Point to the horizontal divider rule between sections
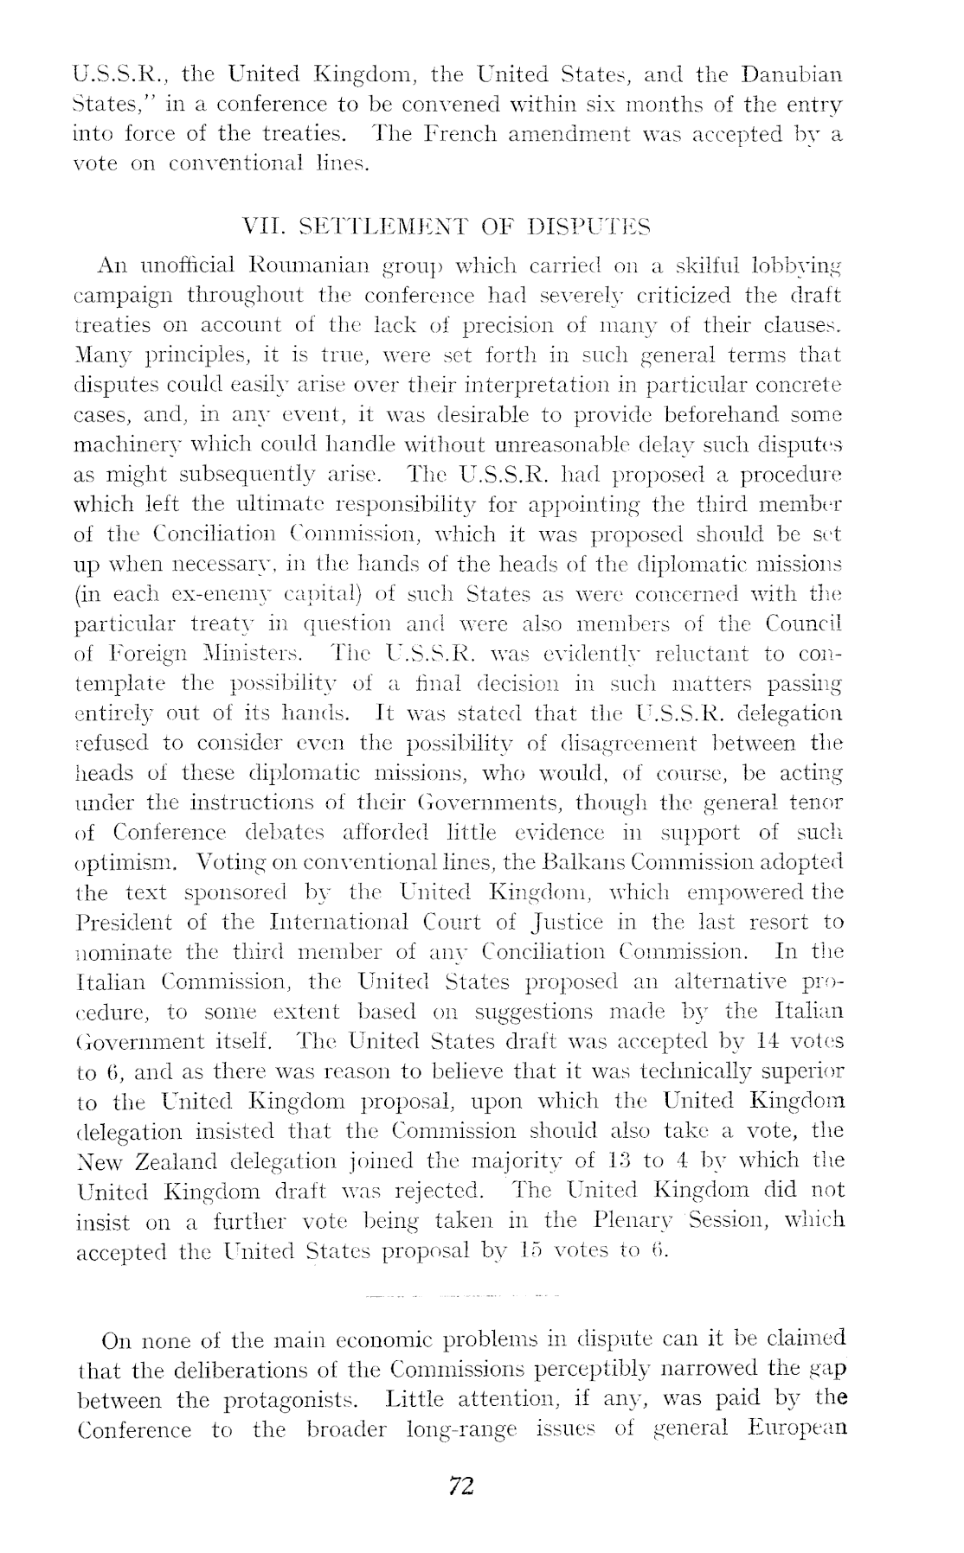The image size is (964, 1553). (x=461, y=1297)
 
